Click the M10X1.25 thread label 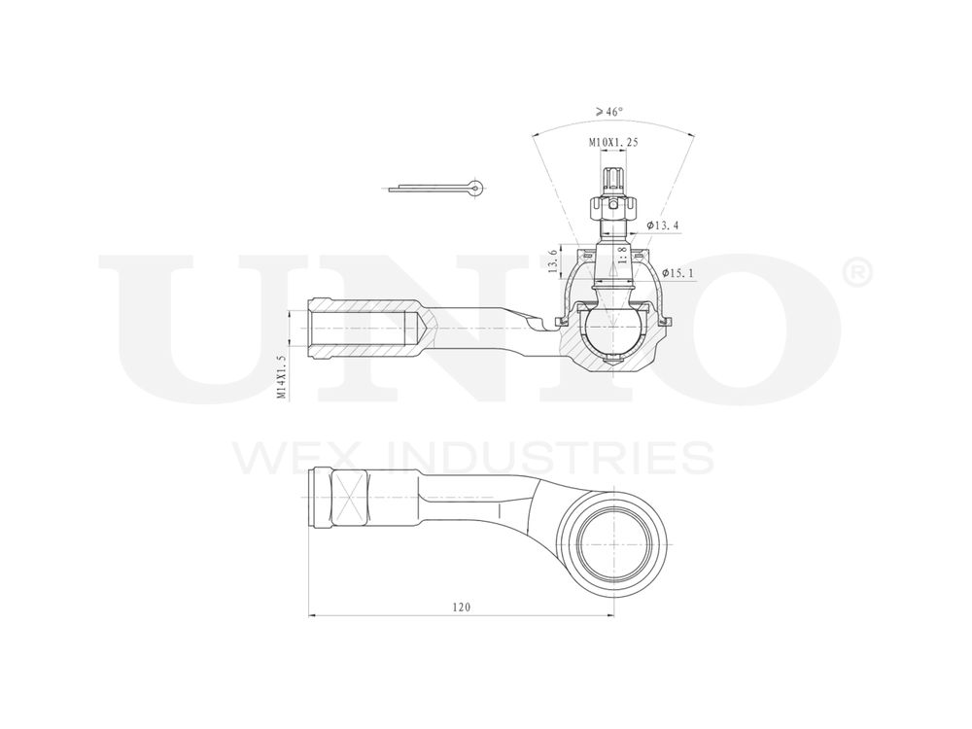tap(613, 143)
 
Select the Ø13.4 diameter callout tap(662, 226)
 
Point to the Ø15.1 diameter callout tap(677, 274)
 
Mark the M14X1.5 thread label tap(281, 377)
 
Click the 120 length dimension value tap(461, 607)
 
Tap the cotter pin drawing tap(437, 187)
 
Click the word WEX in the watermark tap(293, 458)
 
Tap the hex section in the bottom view tap(348, 498)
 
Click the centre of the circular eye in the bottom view tap(613, 543)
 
